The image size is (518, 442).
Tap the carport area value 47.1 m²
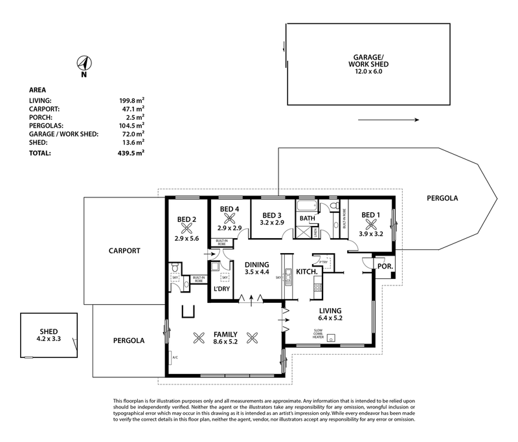click(131, 109)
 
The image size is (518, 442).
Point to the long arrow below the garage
click(388, 120)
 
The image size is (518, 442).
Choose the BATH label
click(307, 218)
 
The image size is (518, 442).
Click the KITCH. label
click(307, 272)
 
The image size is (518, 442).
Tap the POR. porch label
click(384, 266)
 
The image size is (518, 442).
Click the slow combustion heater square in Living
click(332, 337)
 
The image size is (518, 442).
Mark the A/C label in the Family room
click(175, 357)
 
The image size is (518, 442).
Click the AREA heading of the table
click(38, 90)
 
